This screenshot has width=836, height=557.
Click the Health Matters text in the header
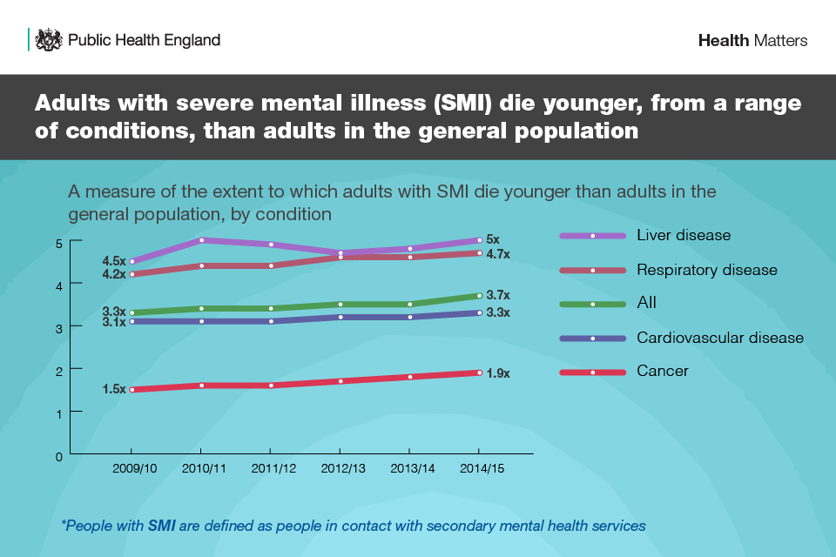click(752, 41)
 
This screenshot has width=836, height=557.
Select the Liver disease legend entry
click(684, 235)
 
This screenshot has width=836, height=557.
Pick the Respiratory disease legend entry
click(706, 270)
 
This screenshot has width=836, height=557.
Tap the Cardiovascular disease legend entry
click(719, 338)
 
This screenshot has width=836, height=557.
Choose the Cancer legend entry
click(662, 371)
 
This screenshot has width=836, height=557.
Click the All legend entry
click(646, 303)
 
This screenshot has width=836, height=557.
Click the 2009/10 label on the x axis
click(135, 468)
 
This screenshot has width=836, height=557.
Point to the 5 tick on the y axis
click(57, 243)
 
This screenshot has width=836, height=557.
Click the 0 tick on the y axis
click(57, 455)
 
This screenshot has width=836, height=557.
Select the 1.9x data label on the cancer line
click(497, 373)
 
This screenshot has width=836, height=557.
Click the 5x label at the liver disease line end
click(493, 239)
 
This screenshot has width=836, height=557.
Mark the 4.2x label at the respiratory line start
click(114, 274)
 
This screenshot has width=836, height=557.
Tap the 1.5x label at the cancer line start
click(114, 390)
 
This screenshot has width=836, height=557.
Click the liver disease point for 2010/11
click(201, 240)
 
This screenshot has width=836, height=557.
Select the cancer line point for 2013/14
click(409, 377)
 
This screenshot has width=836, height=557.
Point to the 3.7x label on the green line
click(497, 296)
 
